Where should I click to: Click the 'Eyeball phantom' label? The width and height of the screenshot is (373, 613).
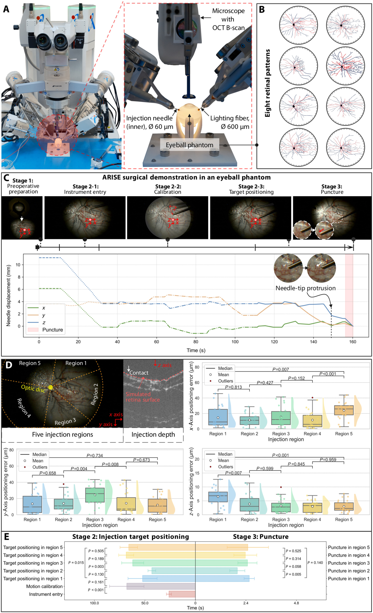(189, 145)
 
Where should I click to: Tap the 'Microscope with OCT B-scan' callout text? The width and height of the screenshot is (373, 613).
(228, 19)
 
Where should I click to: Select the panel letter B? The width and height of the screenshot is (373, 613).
(262, 10)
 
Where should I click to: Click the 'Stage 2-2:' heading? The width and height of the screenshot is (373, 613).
(168, 186)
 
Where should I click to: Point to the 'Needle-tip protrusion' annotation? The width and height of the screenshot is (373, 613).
(305, 288)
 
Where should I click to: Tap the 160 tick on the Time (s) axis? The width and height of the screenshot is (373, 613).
(353, 342)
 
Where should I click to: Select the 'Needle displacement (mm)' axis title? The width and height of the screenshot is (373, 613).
(9, 295)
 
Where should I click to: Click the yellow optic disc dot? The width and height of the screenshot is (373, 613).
(51, 387)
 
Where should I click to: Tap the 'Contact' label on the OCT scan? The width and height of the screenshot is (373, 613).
(139, 373)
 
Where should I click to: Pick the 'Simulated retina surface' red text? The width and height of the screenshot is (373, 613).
(143, 397)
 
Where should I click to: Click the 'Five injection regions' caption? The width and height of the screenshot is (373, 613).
(63, 434)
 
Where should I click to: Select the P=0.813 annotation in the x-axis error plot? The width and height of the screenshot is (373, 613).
(233, 387)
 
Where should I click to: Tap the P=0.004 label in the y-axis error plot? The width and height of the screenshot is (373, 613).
(79, 469)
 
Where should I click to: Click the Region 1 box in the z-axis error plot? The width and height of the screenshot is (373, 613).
(218, 497)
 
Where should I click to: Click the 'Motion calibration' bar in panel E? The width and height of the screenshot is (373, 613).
(161, 586)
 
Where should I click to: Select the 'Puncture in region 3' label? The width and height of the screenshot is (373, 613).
(348, 563)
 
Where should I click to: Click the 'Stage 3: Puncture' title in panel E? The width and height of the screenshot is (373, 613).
(260, 537)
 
